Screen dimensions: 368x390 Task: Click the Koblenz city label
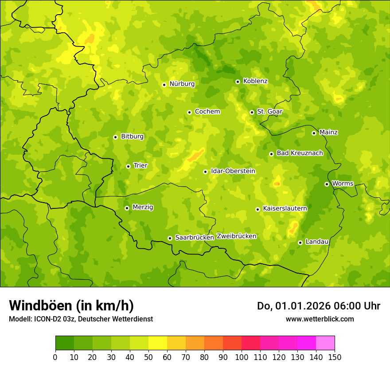tap(255, 81)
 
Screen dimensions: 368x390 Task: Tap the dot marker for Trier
tap(128, 166)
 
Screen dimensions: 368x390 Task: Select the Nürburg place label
tap(182, 84)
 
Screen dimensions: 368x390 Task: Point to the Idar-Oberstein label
tap(233, 171)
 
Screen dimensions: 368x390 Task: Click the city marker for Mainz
tap(314, 133)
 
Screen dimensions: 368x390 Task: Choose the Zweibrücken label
tap(236, 236)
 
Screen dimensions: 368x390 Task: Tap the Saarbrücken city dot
tap(170, 238)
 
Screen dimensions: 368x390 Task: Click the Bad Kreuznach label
tap(300, 153)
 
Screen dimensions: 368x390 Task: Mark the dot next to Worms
tap(327, 184)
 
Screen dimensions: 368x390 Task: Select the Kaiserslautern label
tap(285, 208)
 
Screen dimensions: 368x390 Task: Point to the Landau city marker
tap(300, 243)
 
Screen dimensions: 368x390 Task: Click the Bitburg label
tap(132, 137)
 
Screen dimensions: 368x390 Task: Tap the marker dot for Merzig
tap(127, 208)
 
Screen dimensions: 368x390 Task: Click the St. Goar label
tap(269, 112)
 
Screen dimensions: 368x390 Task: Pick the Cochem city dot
tap(189, 112)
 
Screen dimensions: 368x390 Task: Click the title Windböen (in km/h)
tap(71, 305)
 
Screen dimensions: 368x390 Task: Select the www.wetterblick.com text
tap(320, 319)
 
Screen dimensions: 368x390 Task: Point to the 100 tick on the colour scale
tap(242, 357)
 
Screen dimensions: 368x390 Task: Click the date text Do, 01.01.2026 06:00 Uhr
tap(319, 306)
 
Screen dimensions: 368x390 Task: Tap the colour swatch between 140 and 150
tap(325, 343)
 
